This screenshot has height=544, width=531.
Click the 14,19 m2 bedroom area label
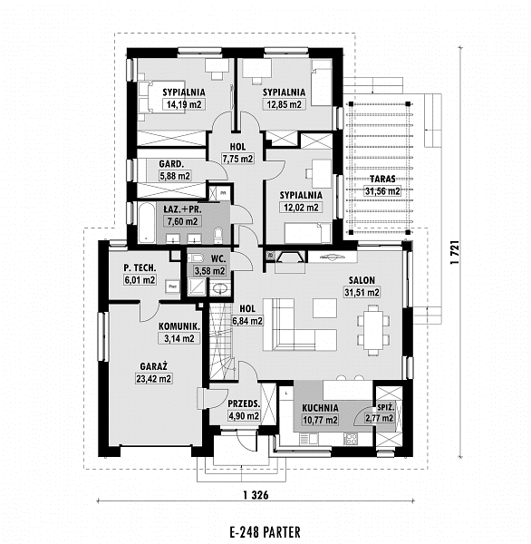184,104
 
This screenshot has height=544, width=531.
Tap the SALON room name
362,280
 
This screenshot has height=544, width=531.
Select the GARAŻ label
154,366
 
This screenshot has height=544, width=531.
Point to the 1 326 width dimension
256,495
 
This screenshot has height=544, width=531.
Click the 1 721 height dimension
455,252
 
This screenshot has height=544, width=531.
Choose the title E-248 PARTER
265,531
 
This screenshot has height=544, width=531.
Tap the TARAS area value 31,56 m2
382,190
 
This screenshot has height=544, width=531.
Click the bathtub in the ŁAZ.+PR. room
147,222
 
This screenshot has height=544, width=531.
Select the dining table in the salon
373,329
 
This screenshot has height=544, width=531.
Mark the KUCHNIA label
320,408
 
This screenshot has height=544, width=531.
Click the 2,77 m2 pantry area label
380,418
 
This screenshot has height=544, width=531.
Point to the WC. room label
218,258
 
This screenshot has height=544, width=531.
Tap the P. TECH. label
140,267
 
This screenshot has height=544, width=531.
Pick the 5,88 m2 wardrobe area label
175,176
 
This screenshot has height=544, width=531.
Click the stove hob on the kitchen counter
351,439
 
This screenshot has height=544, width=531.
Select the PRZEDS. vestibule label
244,403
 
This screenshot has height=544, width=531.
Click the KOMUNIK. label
179,326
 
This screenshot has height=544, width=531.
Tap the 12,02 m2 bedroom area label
301,208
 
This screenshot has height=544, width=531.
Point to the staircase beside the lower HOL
221,341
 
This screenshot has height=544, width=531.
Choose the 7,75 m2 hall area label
238,159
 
